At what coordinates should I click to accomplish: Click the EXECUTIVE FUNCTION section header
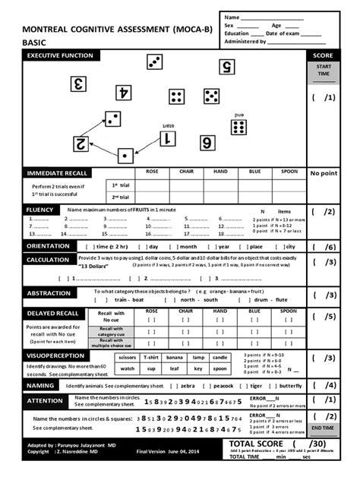[61, 56]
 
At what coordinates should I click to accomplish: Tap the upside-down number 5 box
[226, 67]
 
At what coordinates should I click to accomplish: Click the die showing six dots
[238, 127]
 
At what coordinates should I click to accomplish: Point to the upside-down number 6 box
[207, 142]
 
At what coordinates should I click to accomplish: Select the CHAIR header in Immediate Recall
[186, 172]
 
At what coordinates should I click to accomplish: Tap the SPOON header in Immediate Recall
[289, 172]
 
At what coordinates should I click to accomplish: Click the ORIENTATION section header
[49, 246]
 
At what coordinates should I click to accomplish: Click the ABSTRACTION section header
[49, 293]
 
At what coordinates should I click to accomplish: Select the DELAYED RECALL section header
[52, 313]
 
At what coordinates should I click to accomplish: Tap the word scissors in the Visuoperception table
[128, 357]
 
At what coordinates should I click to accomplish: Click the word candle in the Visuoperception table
[219, 357]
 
